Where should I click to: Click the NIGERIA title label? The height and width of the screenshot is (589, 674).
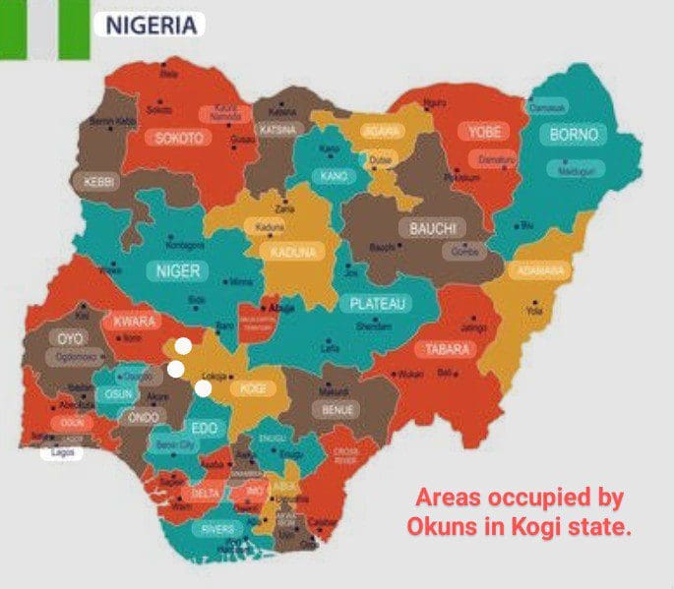(150, 24)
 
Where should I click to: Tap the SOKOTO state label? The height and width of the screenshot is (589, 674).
(179, 139)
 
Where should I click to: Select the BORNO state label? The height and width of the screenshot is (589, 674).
(580, 134)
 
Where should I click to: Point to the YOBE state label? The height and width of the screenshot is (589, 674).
(486, 132)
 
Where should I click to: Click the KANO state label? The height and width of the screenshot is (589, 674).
(330, 176)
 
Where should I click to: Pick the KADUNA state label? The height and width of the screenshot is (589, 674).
(292, 253)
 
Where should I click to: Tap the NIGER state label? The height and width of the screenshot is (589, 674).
(178, 270)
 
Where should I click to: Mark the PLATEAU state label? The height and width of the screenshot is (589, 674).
(379, 304)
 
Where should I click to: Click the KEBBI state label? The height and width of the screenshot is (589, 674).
(99, 182)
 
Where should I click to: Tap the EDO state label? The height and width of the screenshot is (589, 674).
(204, 429)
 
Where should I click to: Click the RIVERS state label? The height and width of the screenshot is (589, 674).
(217, 528)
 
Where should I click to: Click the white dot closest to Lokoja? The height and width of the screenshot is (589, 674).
(203, 387)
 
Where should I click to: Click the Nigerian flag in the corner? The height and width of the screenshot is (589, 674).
(44, 29)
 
